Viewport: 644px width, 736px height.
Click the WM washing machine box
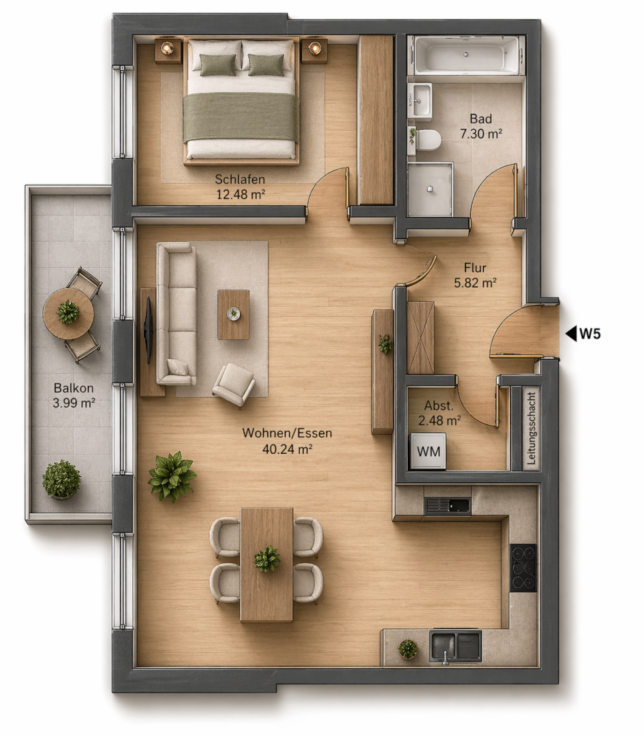pos(428,451)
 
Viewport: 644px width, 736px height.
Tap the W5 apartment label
pos(590,334)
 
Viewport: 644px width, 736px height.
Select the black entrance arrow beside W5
pos(571,334)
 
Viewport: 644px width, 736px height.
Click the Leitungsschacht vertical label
pos(532,428)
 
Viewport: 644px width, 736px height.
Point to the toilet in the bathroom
pos(428,140)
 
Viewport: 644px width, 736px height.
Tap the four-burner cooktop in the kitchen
pos(523,568)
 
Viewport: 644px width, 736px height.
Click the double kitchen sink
pos(456,645)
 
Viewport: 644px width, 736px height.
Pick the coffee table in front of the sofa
pos(233,314)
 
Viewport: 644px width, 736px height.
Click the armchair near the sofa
pos(234,383)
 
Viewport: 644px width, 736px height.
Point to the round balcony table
pos(69,313)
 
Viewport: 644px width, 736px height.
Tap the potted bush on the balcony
pos(61,479)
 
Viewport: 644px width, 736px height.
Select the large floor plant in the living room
pos(172,476)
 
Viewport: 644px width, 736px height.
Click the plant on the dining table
pos(267,559)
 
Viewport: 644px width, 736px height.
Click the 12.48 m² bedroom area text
pos(241,194)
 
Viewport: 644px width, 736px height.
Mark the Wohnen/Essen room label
pos(288,433)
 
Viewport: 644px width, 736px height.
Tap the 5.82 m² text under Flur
pos(475,283)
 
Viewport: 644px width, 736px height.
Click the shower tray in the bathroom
pos(430,189)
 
